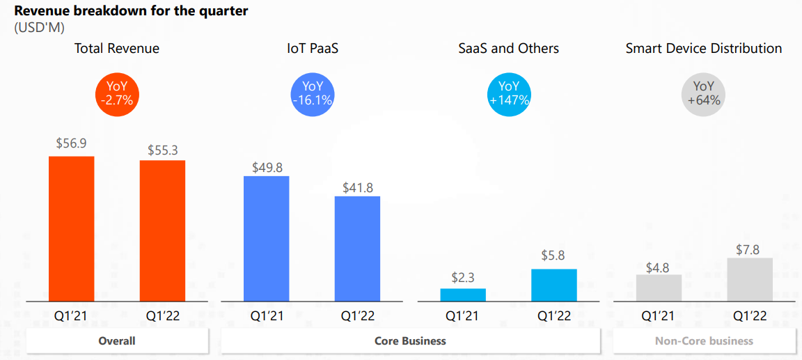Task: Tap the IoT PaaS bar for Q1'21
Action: (x=266, y=238)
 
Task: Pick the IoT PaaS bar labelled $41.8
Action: (x=357, y=249)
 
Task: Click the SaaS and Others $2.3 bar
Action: (x=463, y=295)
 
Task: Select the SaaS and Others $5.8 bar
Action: (x=553, y=285)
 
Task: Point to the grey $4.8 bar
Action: (x=659, y=288)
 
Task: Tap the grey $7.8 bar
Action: (x=750, y=279)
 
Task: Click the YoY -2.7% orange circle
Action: (x=117, y=93)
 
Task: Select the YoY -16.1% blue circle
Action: (x=313, y=93)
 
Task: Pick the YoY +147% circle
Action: (x=509, y=93)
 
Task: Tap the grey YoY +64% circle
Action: (x=704, y=93)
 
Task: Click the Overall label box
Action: (x=117, y=341)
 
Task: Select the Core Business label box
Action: (x=410, y=341)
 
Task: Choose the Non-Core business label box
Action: (x=704, y=341)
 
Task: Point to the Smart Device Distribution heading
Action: (x=704, y=48)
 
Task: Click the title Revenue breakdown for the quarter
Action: (x=131, y=11)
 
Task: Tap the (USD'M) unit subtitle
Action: (x=39, y=28)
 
